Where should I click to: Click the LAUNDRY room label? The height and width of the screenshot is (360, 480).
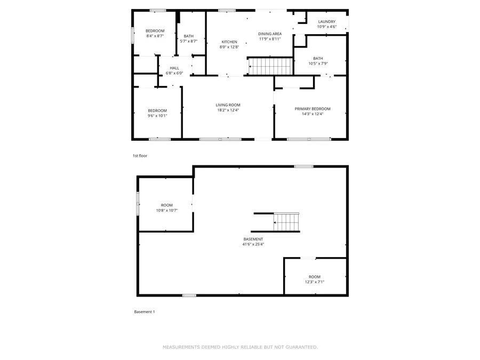(326, 22)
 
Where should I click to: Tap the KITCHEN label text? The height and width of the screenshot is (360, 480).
(229, 42)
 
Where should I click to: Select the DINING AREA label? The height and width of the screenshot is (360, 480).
(269, 33)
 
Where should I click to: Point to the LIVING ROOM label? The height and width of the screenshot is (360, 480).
(228, 105)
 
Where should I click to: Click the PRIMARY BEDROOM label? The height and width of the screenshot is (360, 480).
(313, 109)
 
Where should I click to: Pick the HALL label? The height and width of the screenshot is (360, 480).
(174, 68)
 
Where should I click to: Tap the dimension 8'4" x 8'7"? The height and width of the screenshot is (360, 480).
(155, 36)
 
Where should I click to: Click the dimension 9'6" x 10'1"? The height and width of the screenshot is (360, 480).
(157, 115)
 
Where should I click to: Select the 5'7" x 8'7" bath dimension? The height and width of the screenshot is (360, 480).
(189, 41)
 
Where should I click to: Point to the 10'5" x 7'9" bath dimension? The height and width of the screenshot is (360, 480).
(318, 63)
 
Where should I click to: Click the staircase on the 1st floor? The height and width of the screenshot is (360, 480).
(270, 67)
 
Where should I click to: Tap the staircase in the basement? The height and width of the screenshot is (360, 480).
(286, 222)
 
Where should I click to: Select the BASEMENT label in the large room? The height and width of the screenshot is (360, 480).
(253, 239)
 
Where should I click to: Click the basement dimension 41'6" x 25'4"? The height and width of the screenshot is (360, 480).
(253, 244)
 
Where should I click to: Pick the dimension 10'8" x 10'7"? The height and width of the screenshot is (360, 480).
(167, 210)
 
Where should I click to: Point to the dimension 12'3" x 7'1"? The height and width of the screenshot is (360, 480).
(315, 282)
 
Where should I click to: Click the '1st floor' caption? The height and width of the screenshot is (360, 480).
(140, 156)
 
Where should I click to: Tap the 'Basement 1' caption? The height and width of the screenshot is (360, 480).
(144, 312)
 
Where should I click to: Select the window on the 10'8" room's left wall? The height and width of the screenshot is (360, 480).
(138, 204)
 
